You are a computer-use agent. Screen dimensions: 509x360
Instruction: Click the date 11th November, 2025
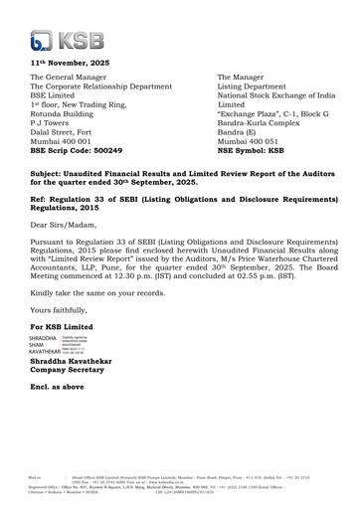coord(69,63)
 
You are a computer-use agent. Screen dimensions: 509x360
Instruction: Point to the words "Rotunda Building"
coord(69,113)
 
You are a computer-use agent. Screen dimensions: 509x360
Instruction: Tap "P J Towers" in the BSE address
coord(56,122)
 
